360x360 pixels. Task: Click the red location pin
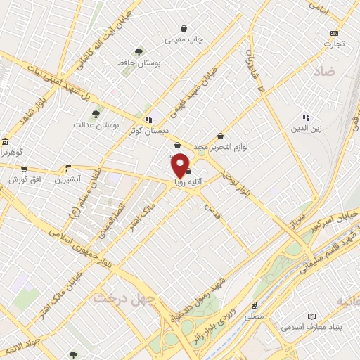[180, 165]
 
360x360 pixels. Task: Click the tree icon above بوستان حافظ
[139, 51]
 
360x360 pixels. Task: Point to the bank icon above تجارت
[334, 33]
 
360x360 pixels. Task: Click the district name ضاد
[324, 72]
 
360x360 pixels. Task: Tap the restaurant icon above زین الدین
[306, 117]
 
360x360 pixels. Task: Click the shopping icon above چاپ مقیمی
[184, 29]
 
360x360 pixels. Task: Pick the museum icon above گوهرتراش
[4, 141]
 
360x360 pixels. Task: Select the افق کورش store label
[25, 180]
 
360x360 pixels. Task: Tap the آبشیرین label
[69, 180]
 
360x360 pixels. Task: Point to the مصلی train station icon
[254, 306]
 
